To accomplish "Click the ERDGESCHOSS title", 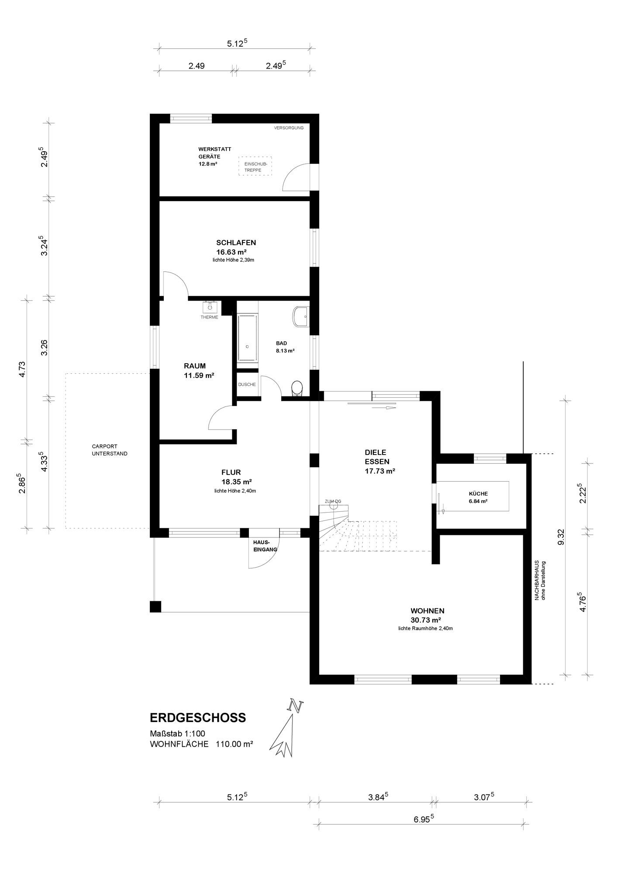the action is (198, 718).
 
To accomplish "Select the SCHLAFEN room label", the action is (236, 243).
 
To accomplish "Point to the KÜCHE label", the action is (478, 493).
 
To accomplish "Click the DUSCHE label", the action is (247, 385).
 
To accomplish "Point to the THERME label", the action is (210, 317).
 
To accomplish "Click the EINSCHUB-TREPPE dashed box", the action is (255, 166).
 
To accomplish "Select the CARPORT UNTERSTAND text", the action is (110, 450).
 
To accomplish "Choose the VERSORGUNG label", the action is (289, 128).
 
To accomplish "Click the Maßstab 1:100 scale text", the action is (177, 734).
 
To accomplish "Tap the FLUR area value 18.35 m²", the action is (237, 482).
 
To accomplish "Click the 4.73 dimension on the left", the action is (23, 370).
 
